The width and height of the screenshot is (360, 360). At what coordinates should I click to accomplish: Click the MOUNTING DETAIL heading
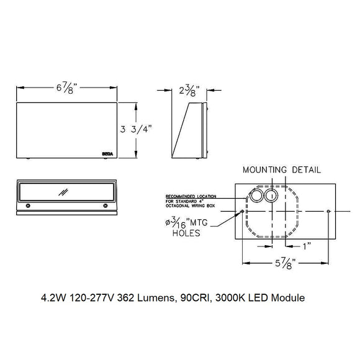tap(282, 169)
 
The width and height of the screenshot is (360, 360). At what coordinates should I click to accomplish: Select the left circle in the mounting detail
tap(256, 197)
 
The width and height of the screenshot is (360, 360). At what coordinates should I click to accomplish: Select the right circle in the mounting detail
tap(271, 196)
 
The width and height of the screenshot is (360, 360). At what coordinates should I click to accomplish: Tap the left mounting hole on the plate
tap(243, 212)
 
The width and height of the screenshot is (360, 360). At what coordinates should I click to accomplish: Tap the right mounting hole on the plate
tap(328, 212)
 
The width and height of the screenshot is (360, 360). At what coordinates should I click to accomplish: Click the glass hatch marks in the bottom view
tap(63, 192)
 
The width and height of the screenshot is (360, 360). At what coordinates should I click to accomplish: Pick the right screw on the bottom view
tap(106, 205)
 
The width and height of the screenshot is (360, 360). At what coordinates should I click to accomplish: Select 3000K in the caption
tap(230, 297)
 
